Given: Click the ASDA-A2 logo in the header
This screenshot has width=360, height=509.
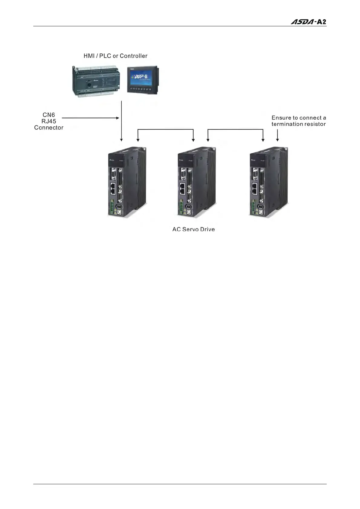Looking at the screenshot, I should coord(308,22).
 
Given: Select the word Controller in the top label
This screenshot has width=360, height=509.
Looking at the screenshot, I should coord(133,56).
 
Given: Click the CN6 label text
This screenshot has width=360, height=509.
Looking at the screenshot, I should coord(49,115).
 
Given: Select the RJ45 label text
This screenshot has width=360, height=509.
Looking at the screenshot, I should coord(49,121).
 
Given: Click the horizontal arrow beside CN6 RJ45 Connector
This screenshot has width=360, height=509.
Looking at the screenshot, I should coord(90,118).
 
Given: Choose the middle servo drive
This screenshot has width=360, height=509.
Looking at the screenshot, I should coord(196,181).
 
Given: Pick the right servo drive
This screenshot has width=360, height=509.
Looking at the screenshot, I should coord(268,181).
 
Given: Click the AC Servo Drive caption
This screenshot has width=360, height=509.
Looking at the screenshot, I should coord(194,229).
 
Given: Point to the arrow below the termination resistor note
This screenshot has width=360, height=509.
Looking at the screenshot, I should coord(277,135).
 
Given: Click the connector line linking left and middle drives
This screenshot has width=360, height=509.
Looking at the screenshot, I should coord(165,130).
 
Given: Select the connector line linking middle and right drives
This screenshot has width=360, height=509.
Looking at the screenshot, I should coord(235,130).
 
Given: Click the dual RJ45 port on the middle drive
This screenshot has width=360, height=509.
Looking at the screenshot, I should coord(183,189).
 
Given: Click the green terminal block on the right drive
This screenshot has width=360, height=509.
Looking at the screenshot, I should coord(253,208).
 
